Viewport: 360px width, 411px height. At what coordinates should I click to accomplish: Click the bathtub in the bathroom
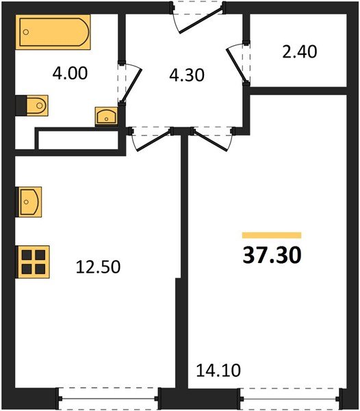click(x=54, y=33)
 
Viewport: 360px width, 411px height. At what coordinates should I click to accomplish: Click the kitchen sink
click(x=29, y=200)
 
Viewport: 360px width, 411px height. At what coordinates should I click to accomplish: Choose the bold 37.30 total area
click(x=271, y=256)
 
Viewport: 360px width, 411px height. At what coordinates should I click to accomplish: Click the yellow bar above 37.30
click(x=272, y=235)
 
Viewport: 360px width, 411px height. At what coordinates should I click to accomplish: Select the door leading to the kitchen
click(x=151, y=136)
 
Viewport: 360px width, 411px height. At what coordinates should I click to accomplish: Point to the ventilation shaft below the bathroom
click(x=77, y=140)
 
